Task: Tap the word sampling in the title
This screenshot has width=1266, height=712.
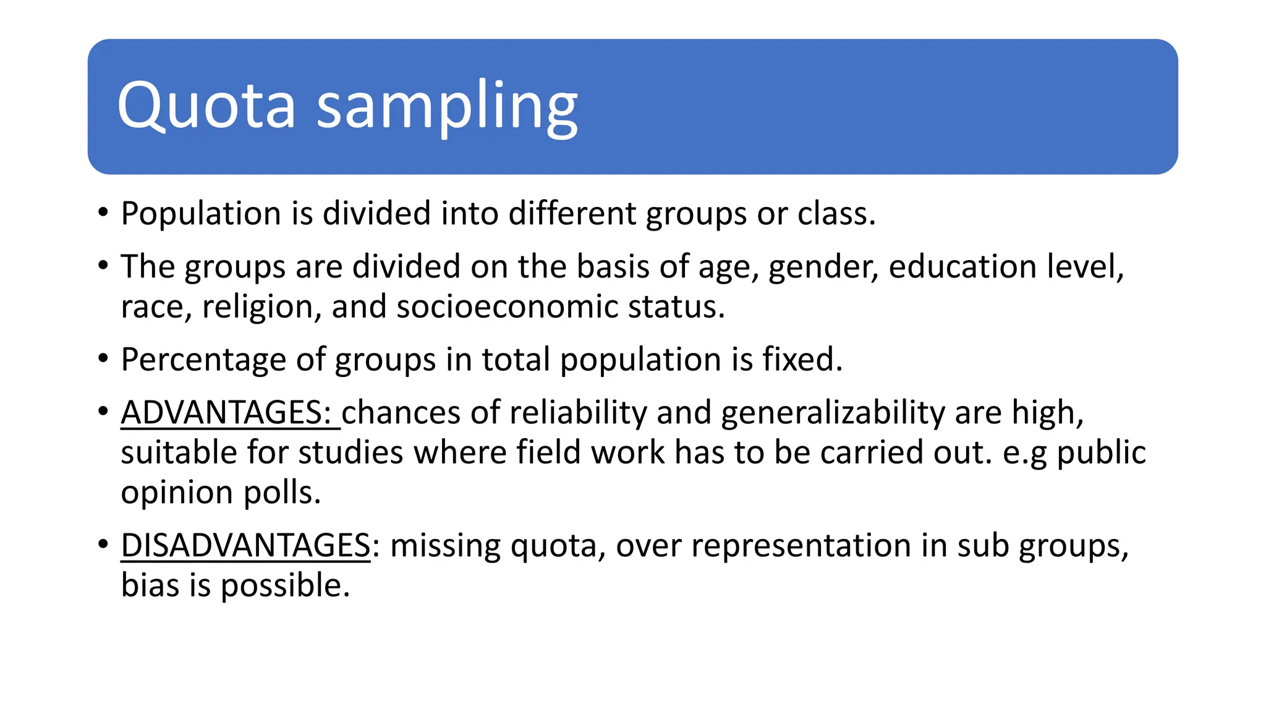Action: [x=447, y=106]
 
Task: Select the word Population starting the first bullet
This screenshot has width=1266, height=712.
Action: [x=201, y=214]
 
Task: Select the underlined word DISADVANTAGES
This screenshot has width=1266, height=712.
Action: [x=245, y=546]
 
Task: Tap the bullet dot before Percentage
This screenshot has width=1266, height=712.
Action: [x=103, y=359]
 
